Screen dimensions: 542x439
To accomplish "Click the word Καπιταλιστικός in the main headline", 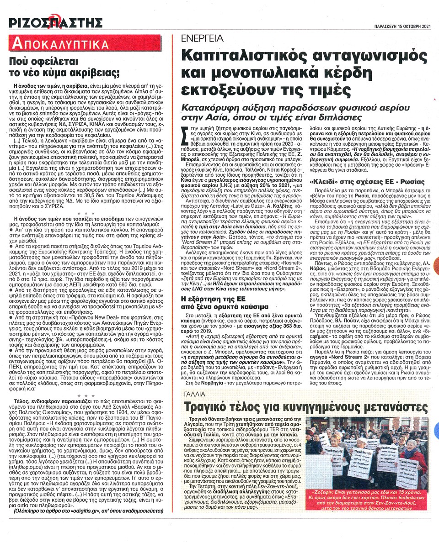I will point(246,55).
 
